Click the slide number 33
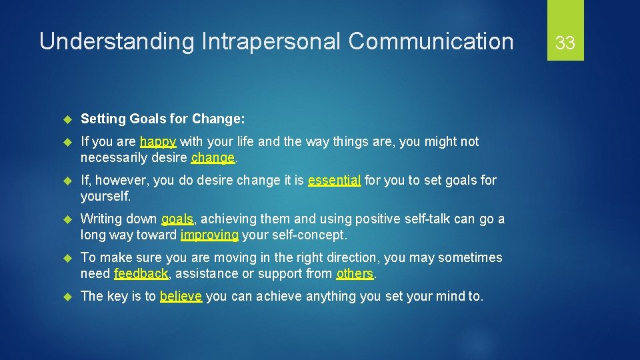tap(565, 43)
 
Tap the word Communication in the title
tap(431, 41)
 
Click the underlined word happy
tap(158, 142)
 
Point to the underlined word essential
tap(335, 180)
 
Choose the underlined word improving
tap(209, 235)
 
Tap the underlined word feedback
tap(141, 273)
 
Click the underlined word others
tap(355, 273)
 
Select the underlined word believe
tap(181, 297)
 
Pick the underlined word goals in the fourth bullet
tap(177, 219)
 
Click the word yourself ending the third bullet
tap(105, 197)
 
